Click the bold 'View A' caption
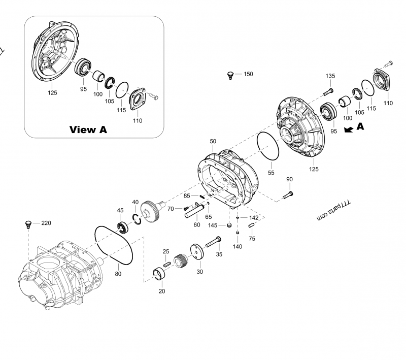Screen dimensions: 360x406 click(x=88, y=129)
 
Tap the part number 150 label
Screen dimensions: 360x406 click(x=248, y=74)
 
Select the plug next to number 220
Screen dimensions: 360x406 click(x=29, y=224)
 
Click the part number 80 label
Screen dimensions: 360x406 click(x=118, y=275)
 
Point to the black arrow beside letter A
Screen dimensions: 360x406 click(x=349, y=129)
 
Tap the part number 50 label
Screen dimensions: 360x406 click(x=213, y=141)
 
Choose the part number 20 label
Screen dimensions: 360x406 click(x=162, y=291)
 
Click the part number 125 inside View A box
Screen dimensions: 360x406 click(x=52, y=93)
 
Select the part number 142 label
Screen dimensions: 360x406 click(x=254, y=217)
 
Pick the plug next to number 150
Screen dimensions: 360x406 click(x=231, y=76)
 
